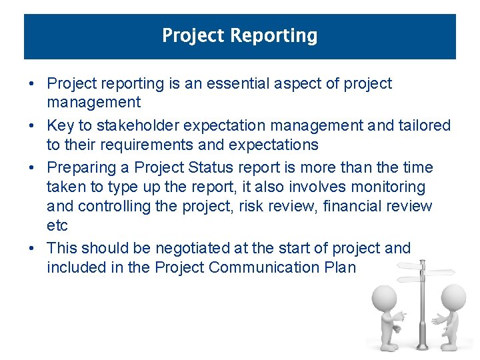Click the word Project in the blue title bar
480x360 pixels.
192,35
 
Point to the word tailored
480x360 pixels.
424,125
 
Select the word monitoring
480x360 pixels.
385,187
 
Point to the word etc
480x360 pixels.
57,226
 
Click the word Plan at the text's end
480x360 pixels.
341,267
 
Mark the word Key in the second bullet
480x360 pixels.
60,125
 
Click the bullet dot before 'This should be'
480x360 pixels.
32,248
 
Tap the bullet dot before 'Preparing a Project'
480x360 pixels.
32,167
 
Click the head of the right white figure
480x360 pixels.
453,297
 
